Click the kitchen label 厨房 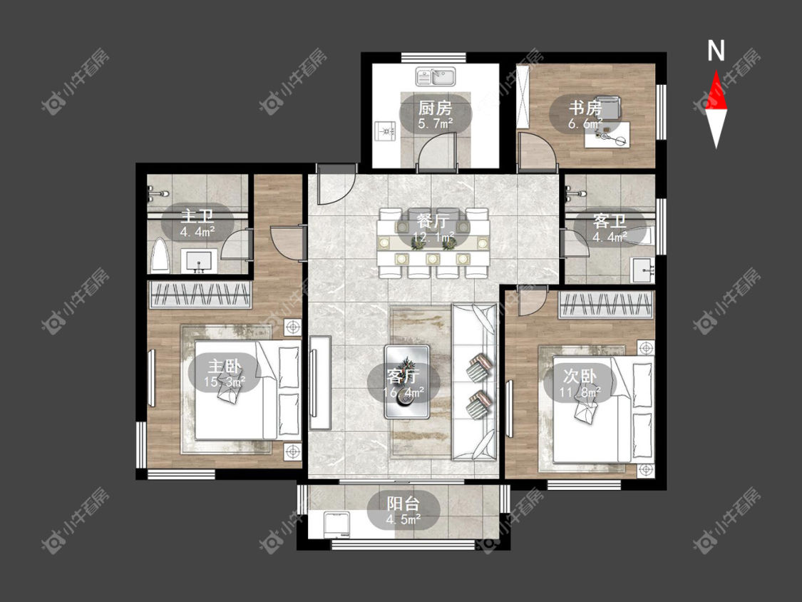point(435,108)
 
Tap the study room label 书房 point(585,108)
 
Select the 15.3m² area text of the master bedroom point(225,382)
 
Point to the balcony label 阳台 point(403,503)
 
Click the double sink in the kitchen point(436,77)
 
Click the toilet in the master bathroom point(160,255)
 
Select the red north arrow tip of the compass point(716,71)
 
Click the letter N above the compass point(716,51)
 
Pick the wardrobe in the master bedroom point(200,295)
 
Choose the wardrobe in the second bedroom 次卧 point(606,305)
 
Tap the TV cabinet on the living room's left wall point(320,382)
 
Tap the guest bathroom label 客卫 point(610,221)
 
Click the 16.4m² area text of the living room point(403,392)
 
